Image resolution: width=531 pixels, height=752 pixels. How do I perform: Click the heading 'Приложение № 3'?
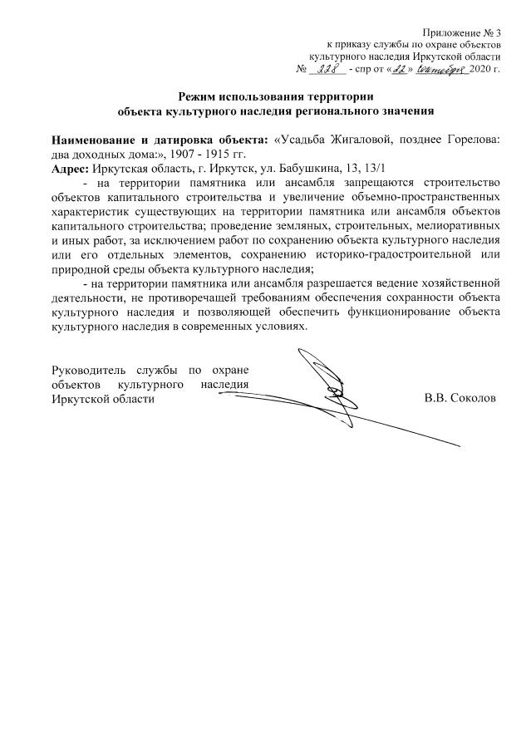coord(460,31)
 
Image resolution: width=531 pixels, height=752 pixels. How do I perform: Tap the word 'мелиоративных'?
coord(457,224)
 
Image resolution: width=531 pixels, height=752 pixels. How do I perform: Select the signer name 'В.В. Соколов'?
coord(460,398)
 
